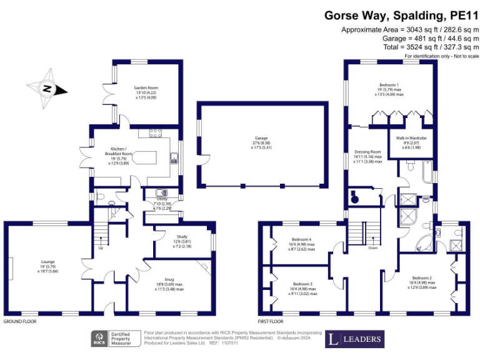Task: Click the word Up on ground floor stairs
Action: [x=101, y=248]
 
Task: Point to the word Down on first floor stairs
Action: [x=372, y=247]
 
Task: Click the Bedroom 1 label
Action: [x=388, y=84]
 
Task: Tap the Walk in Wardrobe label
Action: [x=411, y=137]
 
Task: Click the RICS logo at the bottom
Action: [x=99, y=339]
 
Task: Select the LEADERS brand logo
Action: [x=354, y=339]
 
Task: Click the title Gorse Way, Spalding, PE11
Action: [x=399, y=16]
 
